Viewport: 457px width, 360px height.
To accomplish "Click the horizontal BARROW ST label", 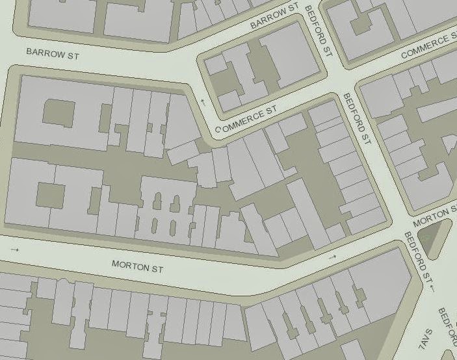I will point(52,54).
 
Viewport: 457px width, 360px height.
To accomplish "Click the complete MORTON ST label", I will point(137,265).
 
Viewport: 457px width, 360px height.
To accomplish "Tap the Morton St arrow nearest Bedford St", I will point(333,257).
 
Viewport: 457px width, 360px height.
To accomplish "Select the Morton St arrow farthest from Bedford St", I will point(15,250).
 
